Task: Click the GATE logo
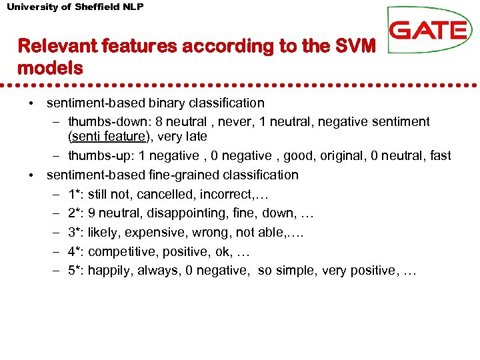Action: (x=428, y=30)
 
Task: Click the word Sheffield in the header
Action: (x=97, y=7)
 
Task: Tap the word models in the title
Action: (x=50, y=67)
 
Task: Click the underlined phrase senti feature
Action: (x=107, y=137)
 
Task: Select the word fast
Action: (x=441, y=156)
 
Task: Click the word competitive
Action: (x=118, y=252)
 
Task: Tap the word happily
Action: (x=110, y=271)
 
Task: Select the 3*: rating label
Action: (x=76, y=233)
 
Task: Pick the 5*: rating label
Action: (x=76, y=271)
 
